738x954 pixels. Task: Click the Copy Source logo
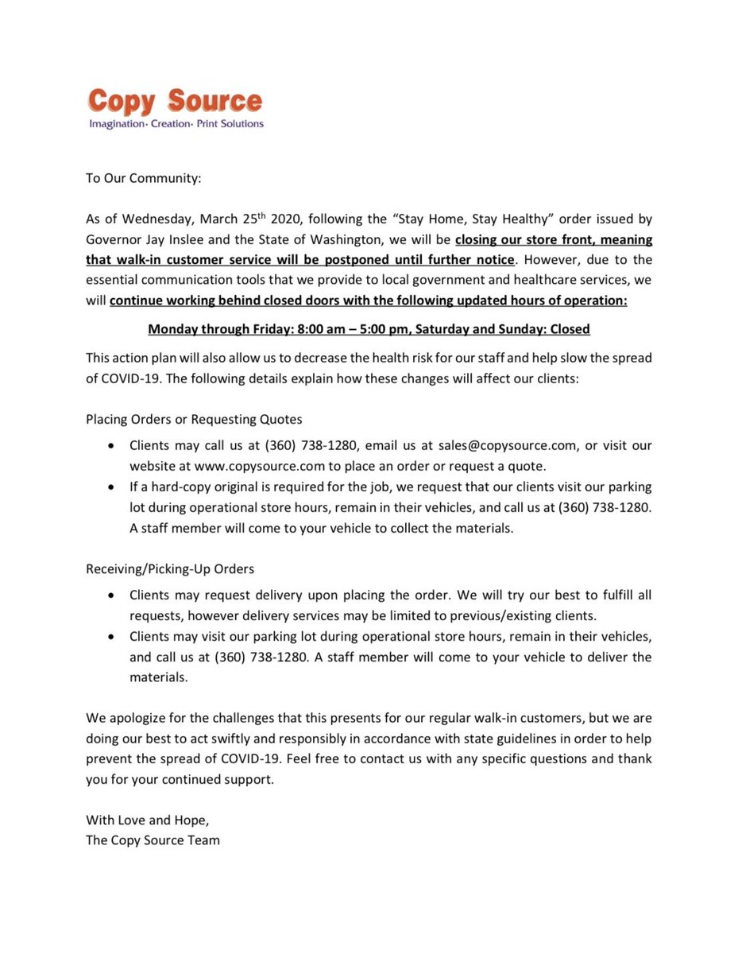[175, 102]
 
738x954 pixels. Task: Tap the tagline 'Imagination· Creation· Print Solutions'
[176, 124]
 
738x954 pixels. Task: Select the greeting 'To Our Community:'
[144, 178]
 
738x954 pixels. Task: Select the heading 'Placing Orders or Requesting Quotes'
[194, 419]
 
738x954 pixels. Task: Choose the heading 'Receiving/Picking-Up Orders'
[170, 568]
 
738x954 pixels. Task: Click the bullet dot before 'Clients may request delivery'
[112, 595]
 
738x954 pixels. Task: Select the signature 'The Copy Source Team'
[153, 840]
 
